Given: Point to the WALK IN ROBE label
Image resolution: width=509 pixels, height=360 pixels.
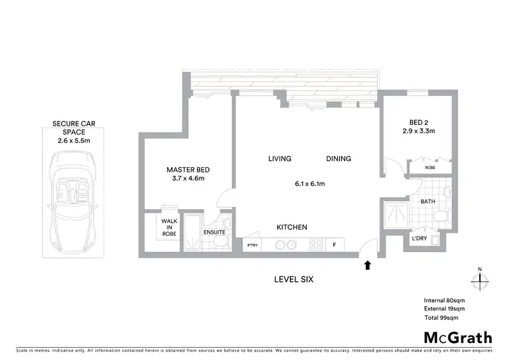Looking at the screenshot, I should (168, 227).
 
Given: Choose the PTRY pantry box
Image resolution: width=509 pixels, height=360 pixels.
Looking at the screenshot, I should (252, 245).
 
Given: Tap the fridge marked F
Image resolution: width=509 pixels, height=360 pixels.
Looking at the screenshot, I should (334, 245).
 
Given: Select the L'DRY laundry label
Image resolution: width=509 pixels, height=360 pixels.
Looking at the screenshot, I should (419, 239).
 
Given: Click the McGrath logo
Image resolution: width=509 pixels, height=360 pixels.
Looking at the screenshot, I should (457, 338).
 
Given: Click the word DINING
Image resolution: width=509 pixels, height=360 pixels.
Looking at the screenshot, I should (338, 159).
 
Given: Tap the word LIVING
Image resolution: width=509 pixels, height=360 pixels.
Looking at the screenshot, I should (280, 159).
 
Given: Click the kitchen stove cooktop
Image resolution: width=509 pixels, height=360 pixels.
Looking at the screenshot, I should (316, 245).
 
